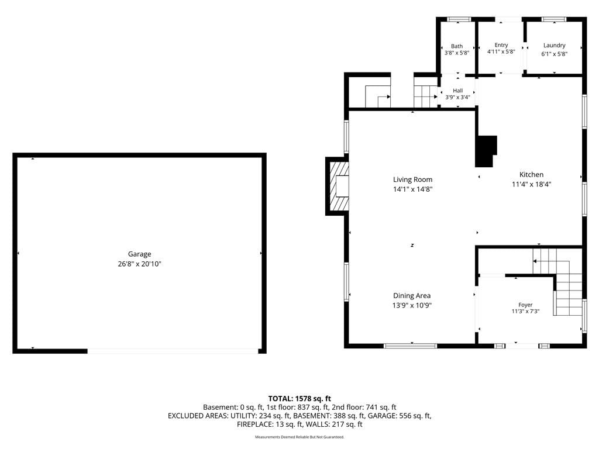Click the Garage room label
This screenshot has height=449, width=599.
pos(139,254)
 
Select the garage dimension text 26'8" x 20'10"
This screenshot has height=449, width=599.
pos(139,264)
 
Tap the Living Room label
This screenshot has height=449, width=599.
pos(412,179)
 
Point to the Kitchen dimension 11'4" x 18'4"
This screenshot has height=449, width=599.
pos(531,184)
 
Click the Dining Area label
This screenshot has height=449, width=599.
pos(412,295)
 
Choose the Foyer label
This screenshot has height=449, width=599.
pos(525,305)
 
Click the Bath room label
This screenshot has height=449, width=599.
pos(456,46)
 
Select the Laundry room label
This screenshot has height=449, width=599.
pos(555,46)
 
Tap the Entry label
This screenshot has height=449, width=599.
pos(501,45)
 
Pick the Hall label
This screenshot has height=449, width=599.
pos(457,91)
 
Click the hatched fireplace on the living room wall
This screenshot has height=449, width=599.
pos(339,186)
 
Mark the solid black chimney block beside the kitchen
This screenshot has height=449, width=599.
pos(485,151)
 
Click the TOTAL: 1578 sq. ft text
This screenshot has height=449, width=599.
pos(299,399)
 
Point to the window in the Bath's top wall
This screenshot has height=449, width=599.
pos(459,19)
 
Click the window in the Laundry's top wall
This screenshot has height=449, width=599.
pos(553,19)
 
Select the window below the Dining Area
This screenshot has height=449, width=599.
pos(410,346)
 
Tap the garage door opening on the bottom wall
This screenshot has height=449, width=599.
pos(173,351)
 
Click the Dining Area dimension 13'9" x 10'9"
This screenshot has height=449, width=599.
pos(412,305)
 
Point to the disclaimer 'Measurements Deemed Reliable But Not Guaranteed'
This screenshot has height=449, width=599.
pos(299,437)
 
